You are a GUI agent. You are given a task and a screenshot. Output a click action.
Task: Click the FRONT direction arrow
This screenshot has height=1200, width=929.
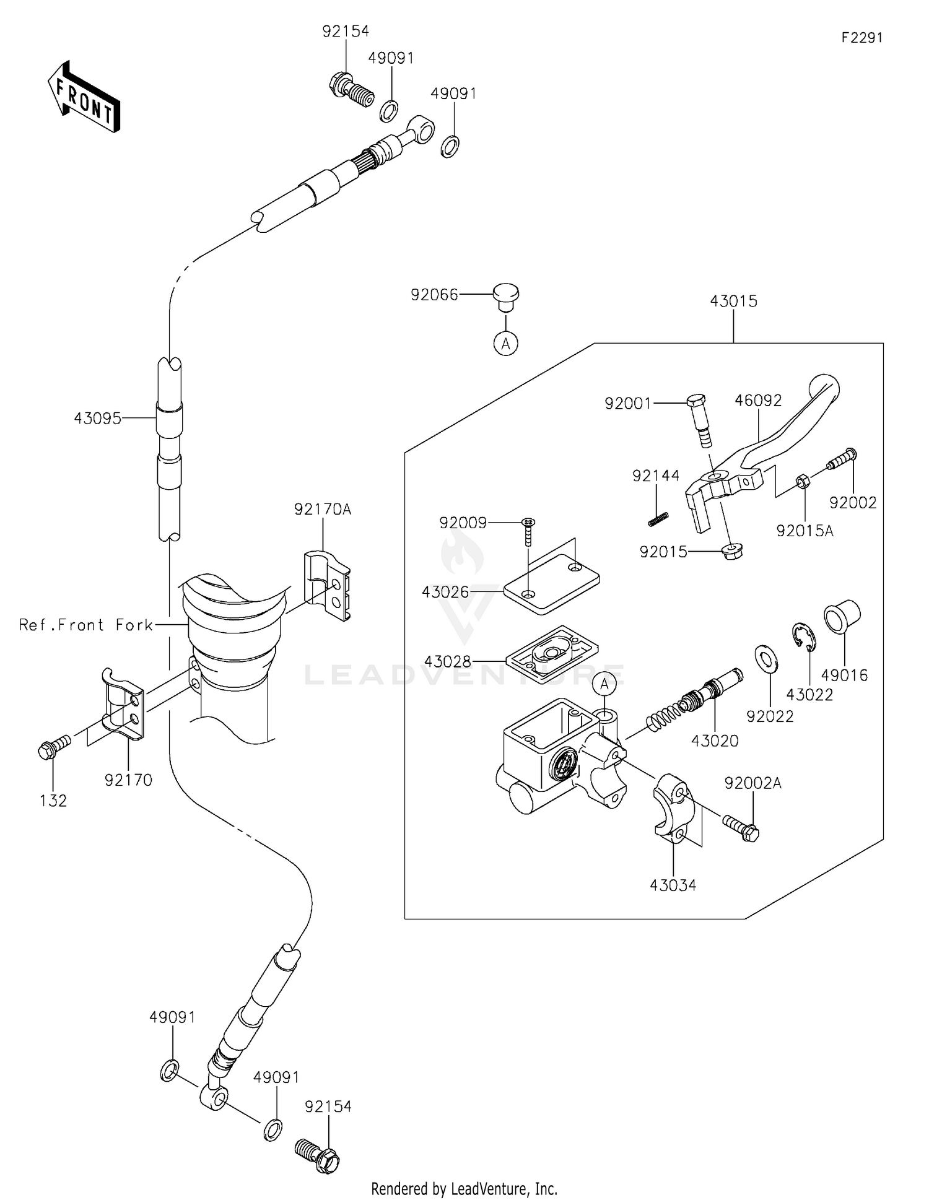point(84,98)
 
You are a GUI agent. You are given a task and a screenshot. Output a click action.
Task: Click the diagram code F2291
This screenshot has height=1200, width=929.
point(861,38)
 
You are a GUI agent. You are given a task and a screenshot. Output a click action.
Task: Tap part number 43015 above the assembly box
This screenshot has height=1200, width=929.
point(733,302)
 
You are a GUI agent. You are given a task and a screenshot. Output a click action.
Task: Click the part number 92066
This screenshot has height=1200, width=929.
point(434,295)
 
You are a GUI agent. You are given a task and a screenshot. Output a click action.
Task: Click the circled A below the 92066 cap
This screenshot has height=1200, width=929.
point(505,342)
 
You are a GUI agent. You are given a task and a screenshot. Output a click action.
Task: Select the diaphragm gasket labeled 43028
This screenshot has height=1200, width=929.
point(551,655)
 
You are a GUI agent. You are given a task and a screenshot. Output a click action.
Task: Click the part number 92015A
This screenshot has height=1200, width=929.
point(805,531)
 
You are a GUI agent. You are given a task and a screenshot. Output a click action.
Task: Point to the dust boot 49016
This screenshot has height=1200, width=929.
point(842,616)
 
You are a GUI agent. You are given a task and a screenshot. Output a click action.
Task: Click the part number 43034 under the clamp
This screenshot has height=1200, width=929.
point(673,885)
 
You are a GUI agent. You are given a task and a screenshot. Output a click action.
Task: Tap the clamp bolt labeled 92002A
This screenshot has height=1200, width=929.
point(741,827)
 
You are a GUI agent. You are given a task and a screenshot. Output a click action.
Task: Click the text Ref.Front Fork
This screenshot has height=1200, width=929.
point(85,625)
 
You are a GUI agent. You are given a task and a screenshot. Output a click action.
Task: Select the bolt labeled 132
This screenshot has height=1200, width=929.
point(53,747)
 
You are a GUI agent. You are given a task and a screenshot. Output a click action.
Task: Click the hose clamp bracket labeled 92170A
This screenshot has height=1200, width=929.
point(326,586)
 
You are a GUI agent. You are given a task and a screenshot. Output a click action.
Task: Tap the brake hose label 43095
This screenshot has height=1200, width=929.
point(97,419)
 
